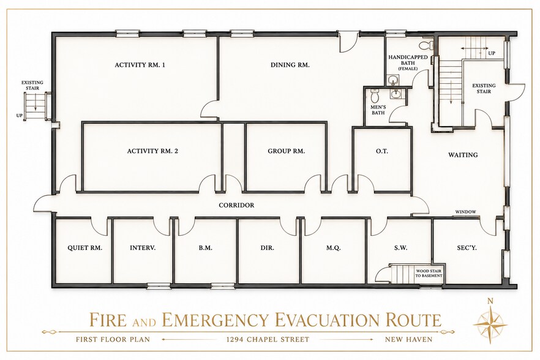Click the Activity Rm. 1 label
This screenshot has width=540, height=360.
(x=140, y=65)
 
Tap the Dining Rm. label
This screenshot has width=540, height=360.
(x=290, y=65)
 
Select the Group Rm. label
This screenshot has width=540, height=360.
(x=286, y=151)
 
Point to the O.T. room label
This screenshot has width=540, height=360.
(x=382, y=151)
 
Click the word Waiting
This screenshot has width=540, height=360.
(x=463, y=155)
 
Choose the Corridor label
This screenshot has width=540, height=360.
(x=236, y=205)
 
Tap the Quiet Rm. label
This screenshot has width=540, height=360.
(x=85, y=248)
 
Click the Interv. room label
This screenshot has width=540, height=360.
(x=143, y=248)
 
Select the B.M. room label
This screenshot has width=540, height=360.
(x=205, y=248)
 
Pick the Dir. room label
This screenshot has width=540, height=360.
(x=267, y=248)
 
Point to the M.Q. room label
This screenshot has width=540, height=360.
(x=333, y=248)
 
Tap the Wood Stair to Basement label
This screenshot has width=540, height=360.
(x=429, y=274)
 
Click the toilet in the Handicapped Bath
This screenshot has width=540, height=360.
(x=426, y=45)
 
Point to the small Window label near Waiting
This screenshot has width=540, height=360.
(x=465, y=212)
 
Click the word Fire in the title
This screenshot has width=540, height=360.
(x=108, y=320)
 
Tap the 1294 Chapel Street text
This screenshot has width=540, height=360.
(x=268, y=339)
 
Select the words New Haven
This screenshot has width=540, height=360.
(x=408, y=339)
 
